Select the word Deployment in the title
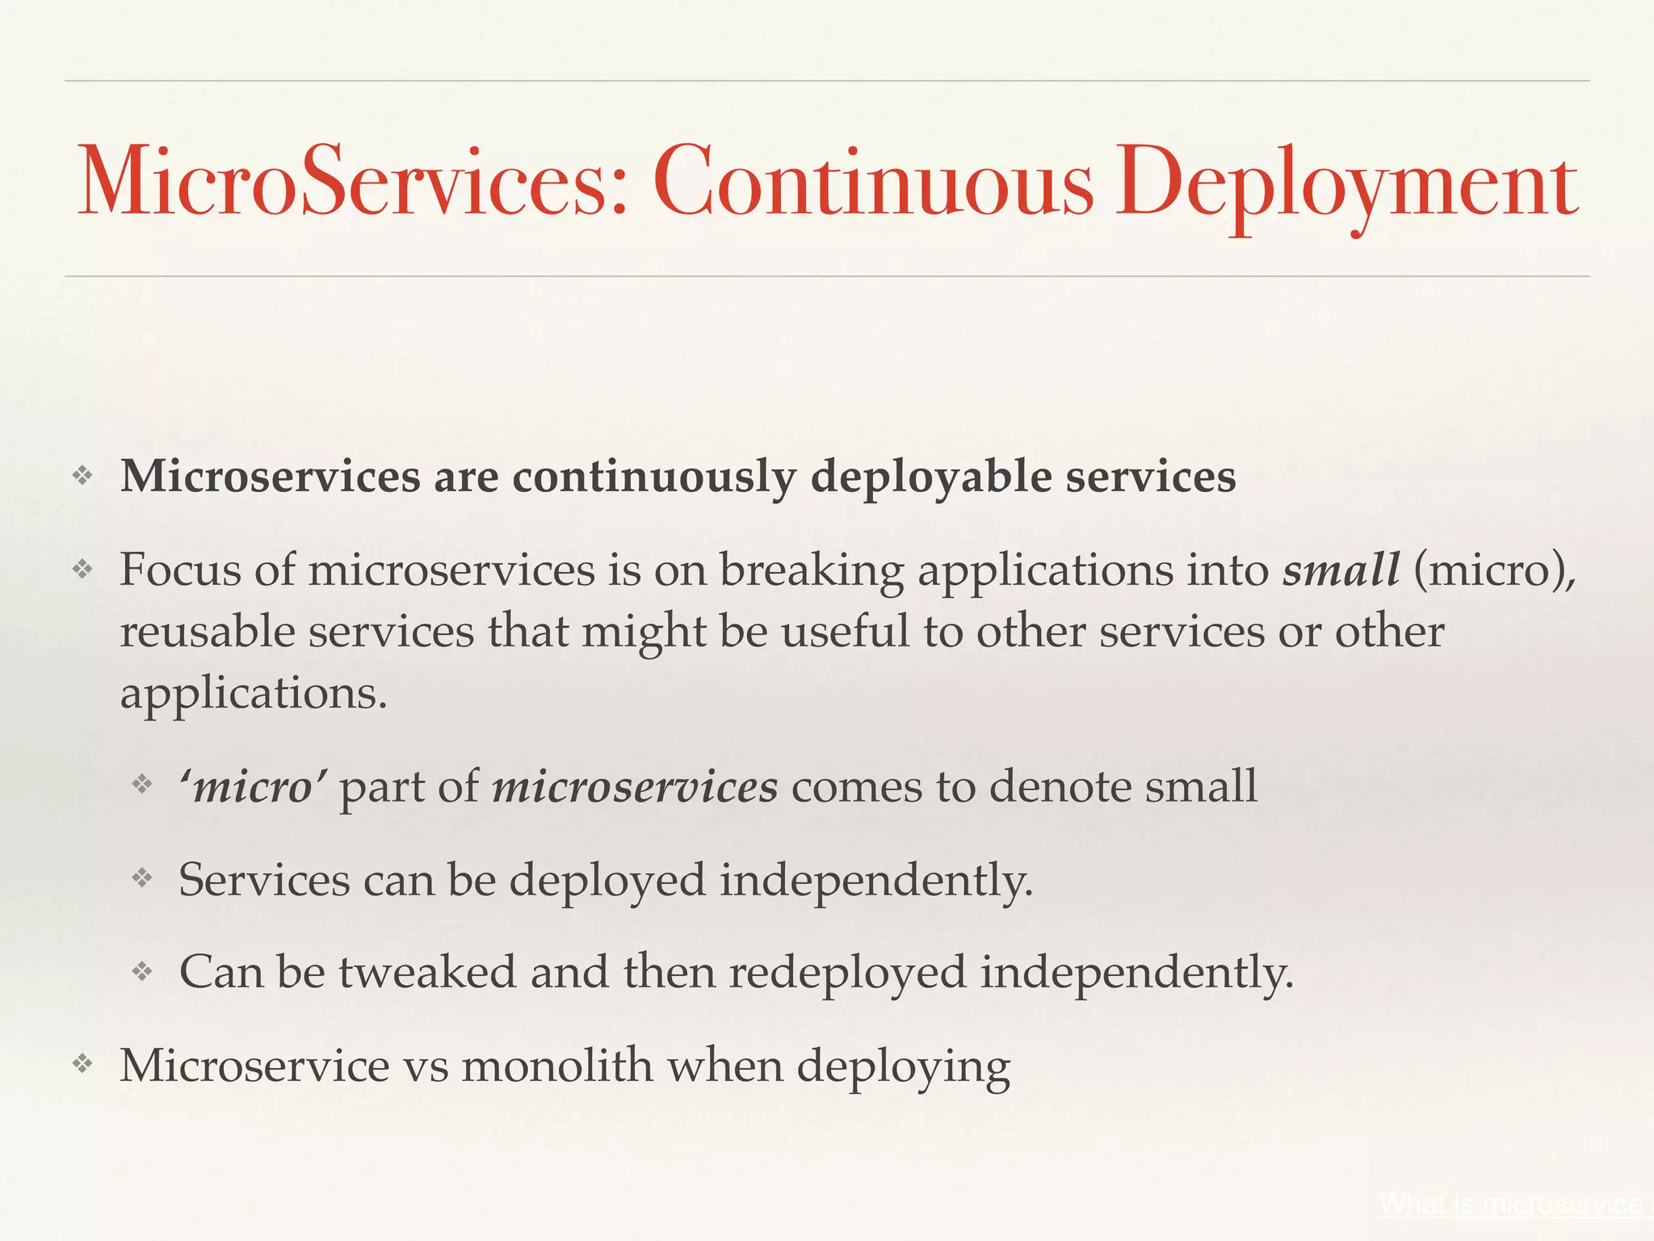[x=1346, y=184]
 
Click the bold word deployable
[x=931, y=477]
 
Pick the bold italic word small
[x=1341, y=570]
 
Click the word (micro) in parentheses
[x=1494, y=571]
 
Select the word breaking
[x=811, y=571]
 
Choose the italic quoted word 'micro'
[x=252, y=786]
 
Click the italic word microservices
[x=635, y=786]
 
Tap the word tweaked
[x=426, y=971]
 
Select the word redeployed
[x=847, y=973]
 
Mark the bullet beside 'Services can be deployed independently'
[x=142, y=878]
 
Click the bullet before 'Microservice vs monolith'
[x=83, y=1064]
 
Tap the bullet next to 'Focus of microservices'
[x=83, y=570]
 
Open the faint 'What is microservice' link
[x=1510, y=1204]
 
